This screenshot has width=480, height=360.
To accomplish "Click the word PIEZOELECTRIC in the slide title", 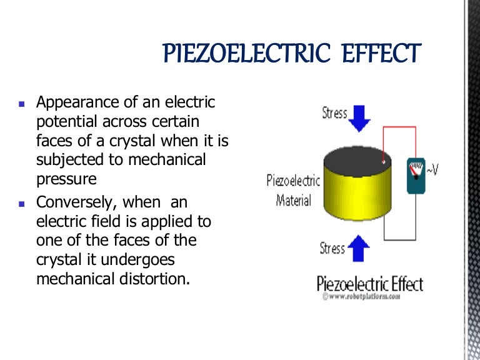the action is point(247,53).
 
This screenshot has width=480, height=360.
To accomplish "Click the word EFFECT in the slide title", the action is point(382,53).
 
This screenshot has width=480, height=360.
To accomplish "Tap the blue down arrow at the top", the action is point(359,119).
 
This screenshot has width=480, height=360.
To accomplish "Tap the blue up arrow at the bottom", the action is point(359,248).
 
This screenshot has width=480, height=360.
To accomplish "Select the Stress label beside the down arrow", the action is point(334,113).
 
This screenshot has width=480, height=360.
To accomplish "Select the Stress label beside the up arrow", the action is point(332,248).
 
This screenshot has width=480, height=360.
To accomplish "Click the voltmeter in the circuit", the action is point(416,176).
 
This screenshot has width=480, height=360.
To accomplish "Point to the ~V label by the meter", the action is point(432,169).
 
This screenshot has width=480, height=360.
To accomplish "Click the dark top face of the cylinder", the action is point(357,161).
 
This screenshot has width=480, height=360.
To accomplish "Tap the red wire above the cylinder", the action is point(399,126).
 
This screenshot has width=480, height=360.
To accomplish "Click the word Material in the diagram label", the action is point(294,201).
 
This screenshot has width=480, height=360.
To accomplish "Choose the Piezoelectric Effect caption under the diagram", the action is point(370,284).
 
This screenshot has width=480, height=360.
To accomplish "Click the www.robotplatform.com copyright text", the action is point(361,296).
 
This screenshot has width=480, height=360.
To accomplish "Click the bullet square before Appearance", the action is point(21,104).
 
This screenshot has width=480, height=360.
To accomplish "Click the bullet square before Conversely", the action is point(21,204).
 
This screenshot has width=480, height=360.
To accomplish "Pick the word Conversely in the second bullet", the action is point(76,202).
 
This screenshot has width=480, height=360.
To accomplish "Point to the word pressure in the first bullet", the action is point(66,179).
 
